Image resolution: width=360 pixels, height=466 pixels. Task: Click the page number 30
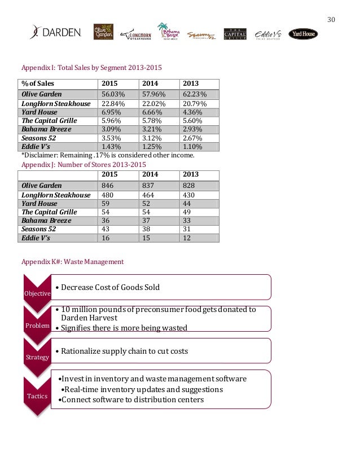[331, 20]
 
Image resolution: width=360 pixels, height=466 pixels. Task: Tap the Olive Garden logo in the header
[103, 32]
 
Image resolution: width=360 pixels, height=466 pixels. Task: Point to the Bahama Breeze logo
[169, 32]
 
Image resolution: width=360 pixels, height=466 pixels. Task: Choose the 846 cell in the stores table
[108, 185]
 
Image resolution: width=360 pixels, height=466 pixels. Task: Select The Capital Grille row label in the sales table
[49, 121]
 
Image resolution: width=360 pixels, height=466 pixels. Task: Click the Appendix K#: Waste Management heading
[72, 262]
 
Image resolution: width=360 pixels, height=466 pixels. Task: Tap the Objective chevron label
[36, 293]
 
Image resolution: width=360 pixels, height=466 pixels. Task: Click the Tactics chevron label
[36, 396]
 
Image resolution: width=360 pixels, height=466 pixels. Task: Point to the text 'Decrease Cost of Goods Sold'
[110, 287]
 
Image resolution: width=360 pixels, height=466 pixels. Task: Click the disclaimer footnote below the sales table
[107, 155]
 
